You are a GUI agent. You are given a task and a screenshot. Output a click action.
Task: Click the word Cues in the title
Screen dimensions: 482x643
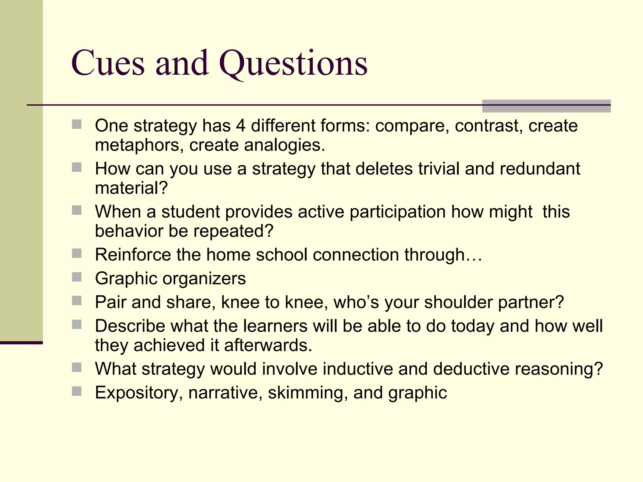point(108,63)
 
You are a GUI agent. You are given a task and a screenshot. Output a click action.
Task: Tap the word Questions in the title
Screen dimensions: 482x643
point(293,63)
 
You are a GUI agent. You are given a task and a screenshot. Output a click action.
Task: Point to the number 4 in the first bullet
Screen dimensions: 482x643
point(240,126)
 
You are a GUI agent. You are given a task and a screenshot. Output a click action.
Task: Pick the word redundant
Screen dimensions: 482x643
point(540,169)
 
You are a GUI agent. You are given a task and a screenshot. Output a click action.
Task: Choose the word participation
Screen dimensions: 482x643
point(397,212)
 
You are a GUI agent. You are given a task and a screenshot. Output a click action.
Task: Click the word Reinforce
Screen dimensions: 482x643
point(133,254)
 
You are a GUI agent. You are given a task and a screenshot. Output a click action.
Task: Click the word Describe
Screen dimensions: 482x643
point(130,326)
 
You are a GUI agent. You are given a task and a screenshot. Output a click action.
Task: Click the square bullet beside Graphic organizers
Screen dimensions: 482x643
point(77,277)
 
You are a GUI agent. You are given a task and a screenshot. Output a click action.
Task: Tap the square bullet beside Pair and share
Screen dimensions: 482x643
point(77,301)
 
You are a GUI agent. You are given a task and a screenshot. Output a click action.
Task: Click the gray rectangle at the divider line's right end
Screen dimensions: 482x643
point(546,106)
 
